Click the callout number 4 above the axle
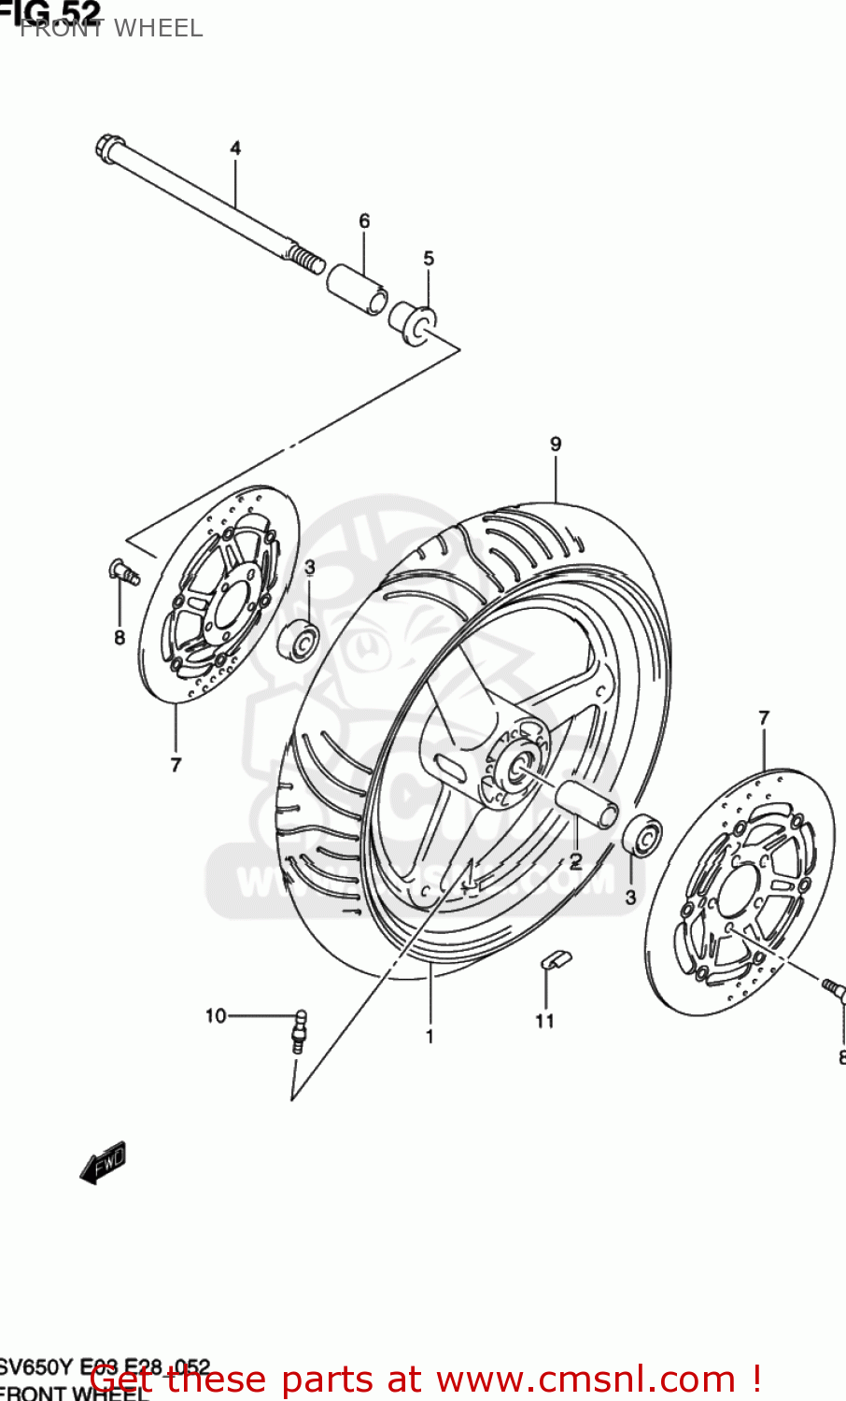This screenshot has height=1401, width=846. click(x=235, y=148)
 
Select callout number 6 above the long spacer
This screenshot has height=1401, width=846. click(x=364, y=220)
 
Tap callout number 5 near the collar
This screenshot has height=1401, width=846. click(x=429, y=258)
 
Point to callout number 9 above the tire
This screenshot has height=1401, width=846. click(x=556, y=444)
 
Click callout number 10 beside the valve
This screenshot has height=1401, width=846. click(x=216, y=1015)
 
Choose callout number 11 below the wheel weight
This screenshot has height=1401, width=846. click(x=544, y=1021)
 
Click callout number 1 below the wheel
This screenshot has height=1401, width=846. click(x=430, y=1036)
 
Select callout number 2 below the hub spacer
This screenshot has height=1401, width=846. click(x=576, y=861)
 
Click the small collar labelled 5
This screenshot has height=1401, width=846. click(x=413, y=322)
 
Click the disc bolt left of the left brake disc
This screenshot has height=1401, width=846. click(x=122, y=569)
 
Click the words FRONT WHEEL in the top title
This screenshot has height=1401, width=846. click(x=111, y=29)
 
